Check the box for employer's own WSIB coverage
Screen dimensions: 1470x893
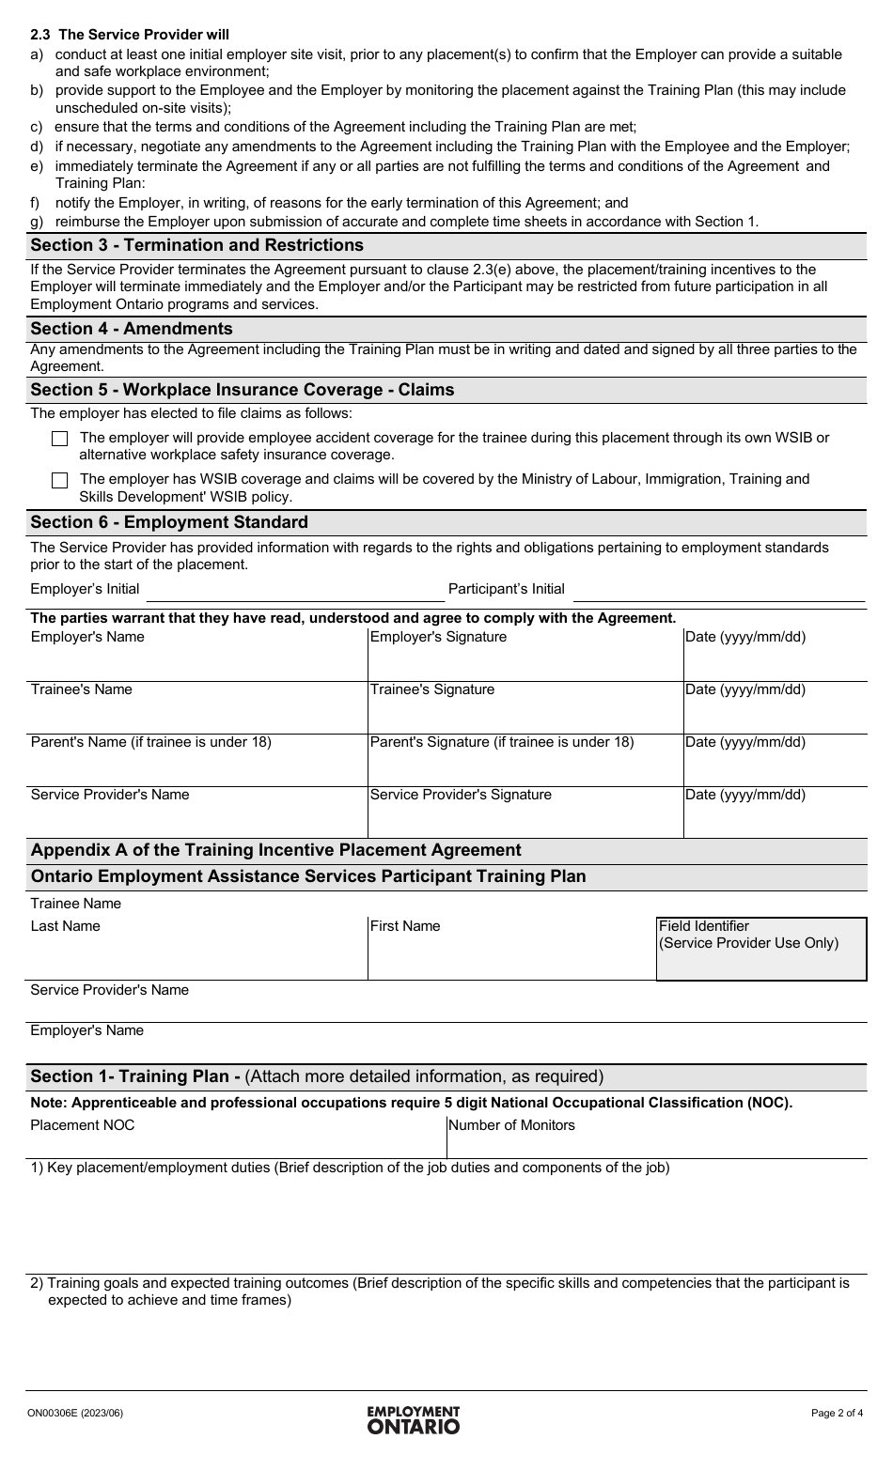[60, 439]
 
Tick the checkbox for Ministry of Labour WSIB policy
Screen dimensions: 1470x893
[60, 480]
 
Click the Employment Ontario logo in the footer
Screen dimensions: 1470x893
[414, 1419]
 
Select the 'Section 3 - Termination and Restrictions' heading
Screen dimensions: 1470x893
[197, 245]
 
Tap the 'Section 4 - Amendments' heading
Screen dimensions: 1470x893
[132, 329]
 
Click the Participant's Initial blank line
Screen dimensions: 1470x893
[718, 591]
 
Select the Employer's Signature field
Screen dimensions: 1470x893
[525, 658]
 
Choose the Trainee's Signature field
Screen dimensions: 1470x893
[525, 710]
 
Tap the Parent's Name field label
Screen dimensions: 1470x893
[151, 742]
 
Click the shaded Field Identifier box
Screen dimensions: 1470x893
[761, 949]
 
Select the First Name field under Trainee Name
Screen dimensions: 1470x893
[511, 951]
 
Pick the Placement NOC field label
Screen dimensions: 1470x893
[83, 1125]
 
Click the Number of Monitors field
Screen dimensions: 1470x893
[656, 1138]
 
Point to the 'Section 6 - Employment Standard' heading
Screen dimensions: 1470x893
[169, 522]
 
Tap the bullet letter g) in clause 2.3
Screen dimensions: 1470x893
[37, 222]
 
